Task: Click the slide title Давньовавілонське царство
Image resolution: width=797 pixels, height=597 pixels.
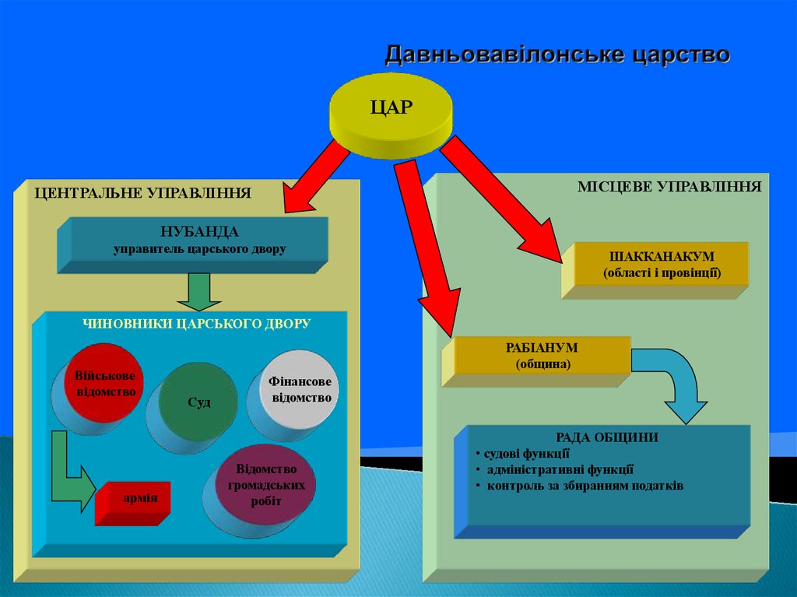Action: (x=557, y=55)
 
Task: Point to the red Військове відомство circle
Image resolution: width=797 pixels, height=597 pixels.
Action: (x=106, y=383)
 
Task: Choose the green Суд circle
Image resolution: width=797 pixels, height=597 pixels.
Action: (x=199, y=402)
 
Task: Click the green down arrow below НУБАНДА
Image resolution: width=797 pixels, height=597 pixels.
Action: (x=199, y=291)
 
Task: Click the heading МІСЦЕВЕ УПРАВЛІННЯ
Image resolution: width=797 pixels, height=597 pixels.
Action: (x=669, y=187)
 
